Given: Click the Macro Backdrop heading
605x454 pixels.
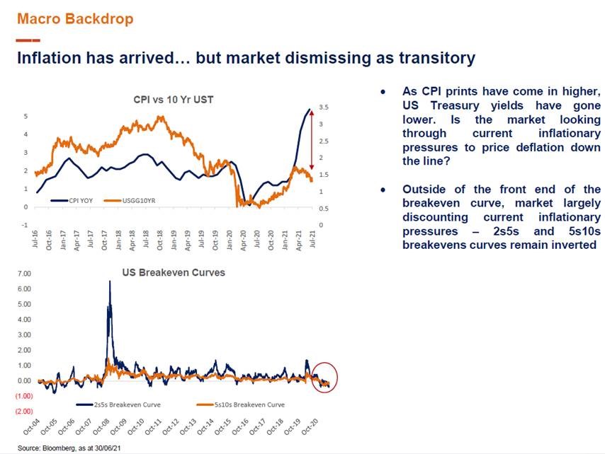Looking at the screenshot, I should coord(74,18).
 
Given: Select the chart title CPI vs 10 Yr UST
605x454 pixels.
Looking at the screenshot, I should coord(174,100).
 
